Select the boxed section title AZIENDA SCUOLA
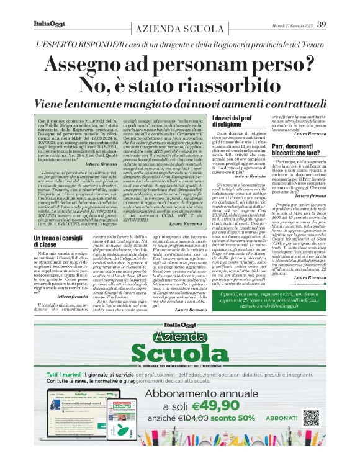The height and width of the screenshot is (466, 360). click(179, 30)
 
